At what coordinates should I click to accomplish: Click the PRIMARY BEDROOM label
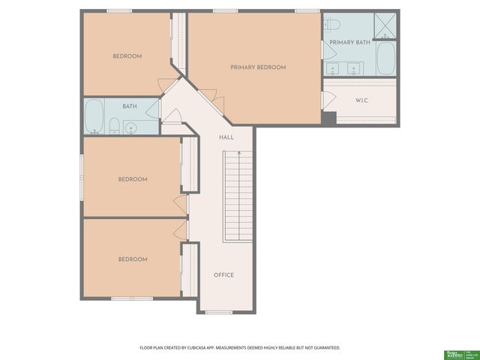[257, 67]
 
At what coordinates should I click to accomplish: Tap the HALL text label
[226, 138]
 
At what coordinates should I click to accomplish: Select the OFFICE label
[223, 275]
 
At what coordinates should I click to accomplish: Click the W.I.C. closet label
[361, 100]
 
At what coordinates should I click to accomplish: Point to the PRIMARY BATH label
[349, 43]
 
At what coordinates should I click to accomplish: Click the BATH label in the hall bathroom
[130, 106]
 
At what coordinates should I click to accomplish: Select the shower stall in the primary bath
[385, 25]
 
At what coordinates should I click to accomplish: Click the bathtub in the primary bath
[385, 58]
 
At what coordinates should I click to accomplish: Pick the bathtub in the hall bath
[94, 117]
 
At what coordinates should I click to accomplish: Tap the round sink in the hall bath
[131, 127]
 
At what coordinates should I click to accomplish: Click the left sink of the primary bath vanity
[335, 69]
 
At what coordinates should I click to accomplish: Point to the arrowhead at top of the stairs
[238, 153]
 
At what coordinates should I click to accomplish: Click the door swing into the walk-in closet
[327, 100]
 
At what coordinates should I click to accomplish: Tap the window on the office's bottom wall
[219, 312]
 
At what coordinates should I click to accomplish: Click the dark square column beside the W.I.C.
[328, 118]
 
